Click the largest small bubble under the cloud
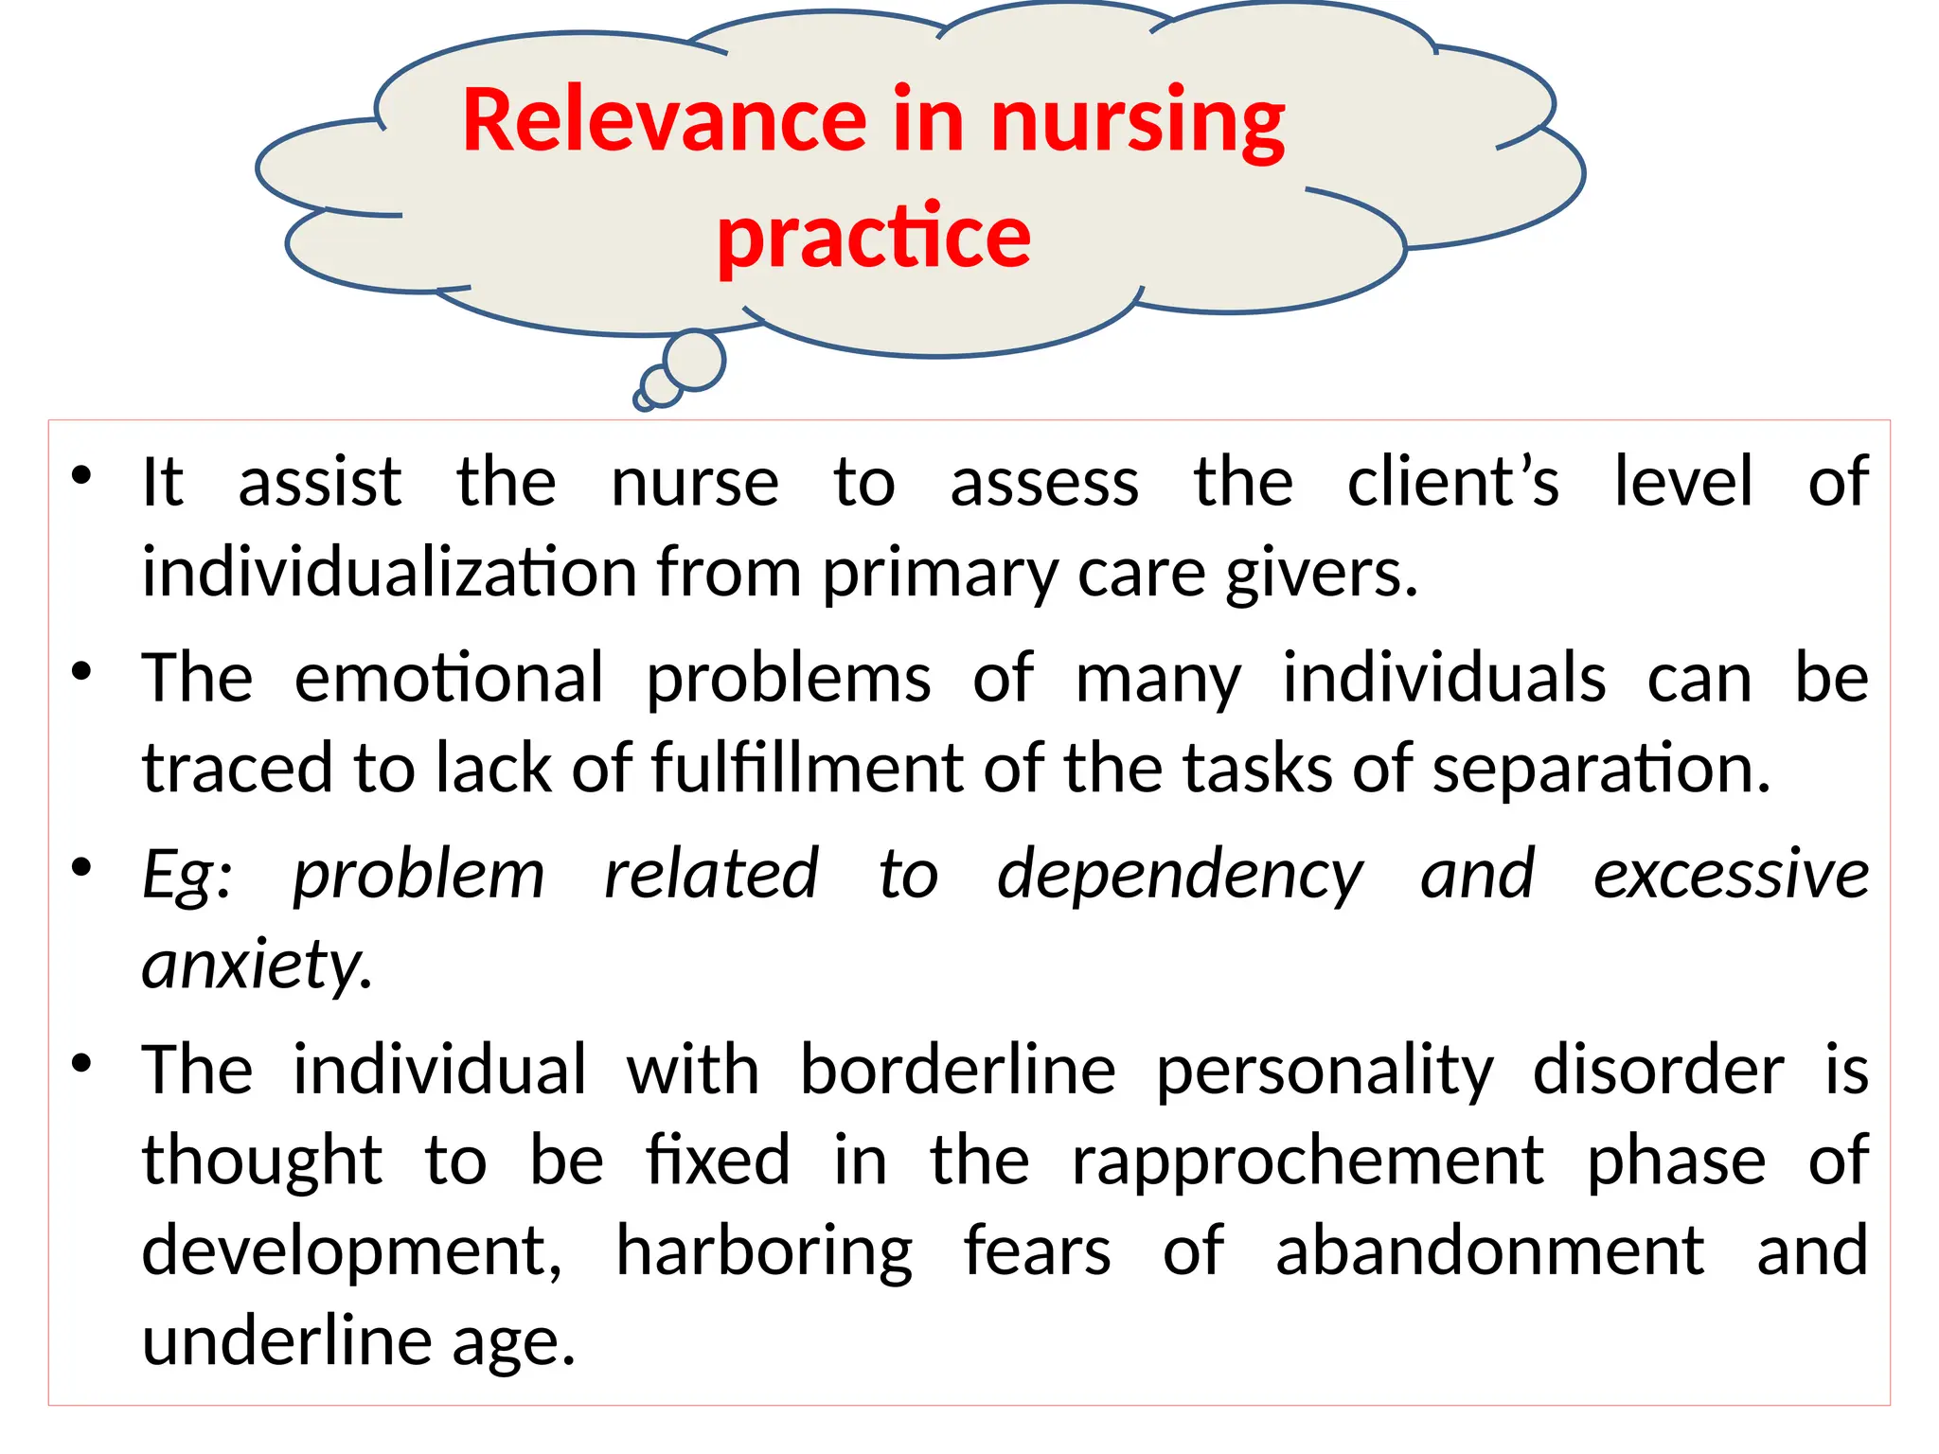pos(695,360)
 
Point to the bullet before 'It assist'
pos(82,475)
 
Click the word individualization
pos(389,573)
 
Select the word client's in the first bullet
pos(1452,482)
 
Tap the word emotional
pos(449,678)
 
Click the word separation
pos(1600,768)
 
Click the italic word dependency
pos(1180,874)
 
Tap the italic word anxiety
pos(256,965)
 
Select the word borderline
pos(958,1070)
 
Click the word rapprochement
pos(1307,1161)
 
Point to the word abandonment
pos(1490,1251)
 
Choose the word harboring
pos(764,1251)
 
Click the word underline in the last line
pos(287,1341)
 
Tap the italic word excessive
pos(1731,874)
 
